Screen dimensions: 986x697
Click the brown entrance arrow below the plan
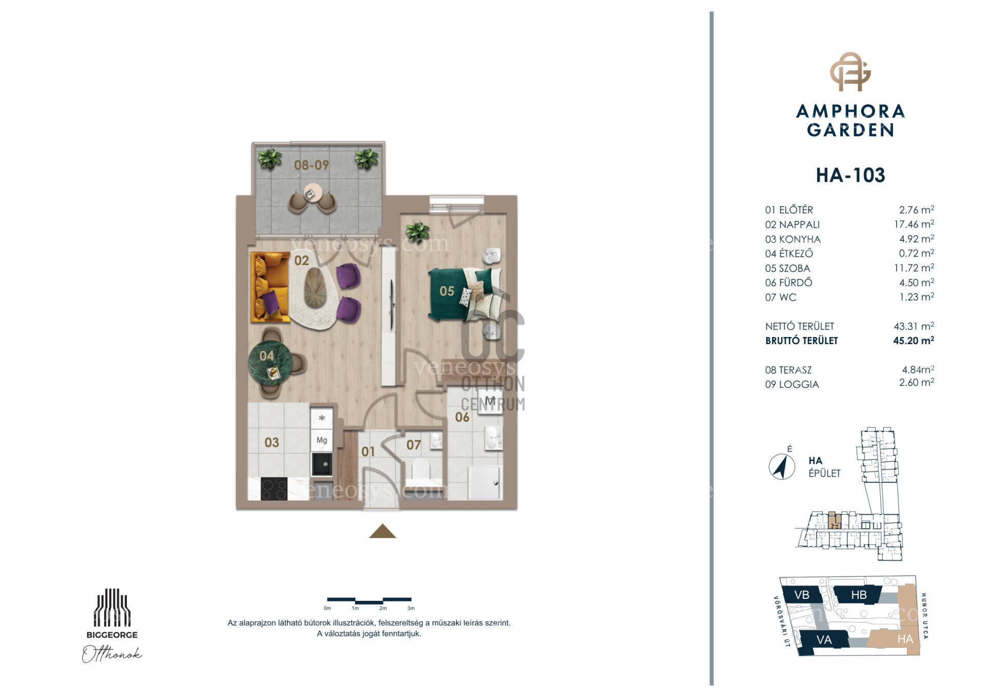click(x=383, y=532)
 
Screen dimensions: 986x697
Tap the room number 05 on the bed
click(x=447, y=291)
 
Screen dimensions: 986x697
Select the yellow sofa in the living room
click(x=269, y=287)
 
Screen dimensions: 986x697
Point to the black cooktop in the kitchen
click(x=274, y=489)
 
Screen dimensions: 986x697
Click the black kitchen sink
click(x=322, y=464)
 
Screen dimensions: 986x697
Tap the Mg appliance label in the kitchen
click(x=322, y=440)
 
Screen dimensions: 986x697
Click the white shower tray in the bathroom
click(x=485, y=482)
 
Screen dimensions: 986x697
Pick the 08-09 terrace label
click(x=311, y=165)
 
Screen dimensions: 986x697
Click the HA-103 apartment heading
click(x=850, y=175)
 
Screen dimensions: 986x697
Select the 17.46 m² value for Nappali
click(x=914, y=224)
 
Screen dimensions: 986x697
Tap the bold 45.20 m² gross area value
click(x=914, y=340)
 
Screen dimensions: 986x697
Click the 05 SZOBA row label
click(x=788, y=268)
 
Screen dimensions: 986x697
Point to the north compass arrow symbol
click(x=782, y=467)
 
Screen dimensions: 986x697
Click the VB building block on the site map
click(x=801, y=595)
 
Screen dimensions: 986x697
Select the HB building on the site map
click(x=858, y=595)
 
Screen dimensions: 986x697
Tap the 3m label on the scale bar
click(x=411, y=608)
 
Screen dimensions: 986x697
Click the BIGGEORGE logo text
click(x=112, y=635)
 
